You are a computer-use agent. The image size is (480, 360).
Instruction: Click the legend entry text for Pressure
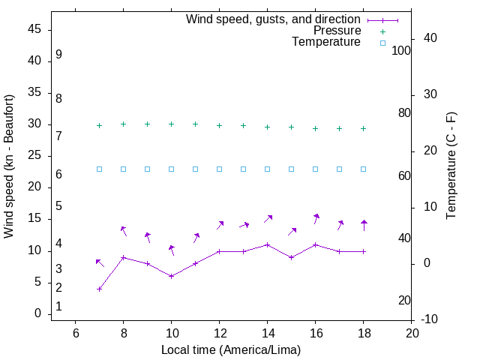[x=337, y=31]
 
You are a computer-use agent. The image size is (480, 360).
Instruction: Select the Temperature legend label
[x=326, y=42]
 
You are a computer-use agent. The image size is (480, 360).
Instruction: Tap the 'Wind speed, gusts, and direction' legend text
[x=274, y=19]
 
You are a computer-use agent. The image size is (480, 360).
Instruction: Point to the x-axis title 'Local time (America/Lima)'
[x=231, y=349]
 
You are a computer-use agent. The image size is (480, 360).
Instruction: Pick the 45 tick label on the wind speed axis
[x=34, y=30]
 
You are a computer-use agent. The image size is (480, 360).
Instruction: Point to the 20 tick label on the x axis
[x=411, y=333]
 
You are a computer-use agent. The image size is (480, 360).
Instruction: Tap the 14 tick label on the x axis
[x=267, y=333]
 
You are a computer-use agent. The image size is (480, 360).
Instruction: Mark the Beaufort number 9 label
[x=58, y=55]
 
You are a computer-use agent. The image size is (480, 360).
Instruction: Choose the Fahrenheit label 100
[x=401, y=50]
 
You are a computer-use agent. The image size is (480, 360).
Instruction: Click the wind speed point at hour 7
[x=99, y=289]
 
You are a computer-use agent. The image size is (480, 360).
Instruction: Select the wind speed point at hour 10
[x=171, y=276]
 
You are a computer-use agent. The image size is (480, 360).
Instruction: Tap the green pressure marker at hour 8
[x=123, y=124]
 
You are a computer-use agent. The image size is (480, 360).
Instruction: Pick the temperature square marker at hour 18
[x=363, y=169]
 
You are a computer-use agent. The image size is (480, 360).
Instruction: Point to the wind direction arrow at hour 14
[x=268, y=219]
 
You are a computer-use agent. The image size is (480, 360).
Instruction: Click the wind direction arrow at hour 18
[x=364, y=225]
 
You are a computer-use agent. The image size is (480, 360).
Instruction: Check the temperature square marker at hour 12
[x=219, y=169]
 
